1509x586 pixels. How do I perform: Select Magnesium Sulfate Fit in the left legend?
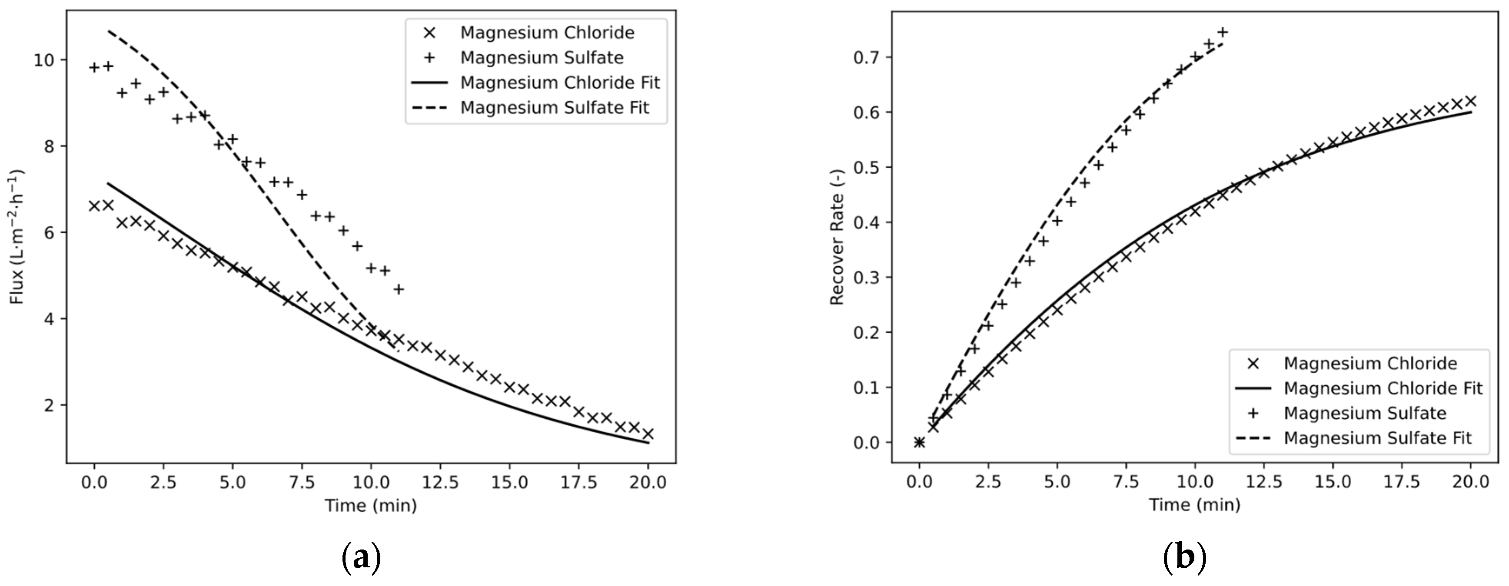(x=554, y=108)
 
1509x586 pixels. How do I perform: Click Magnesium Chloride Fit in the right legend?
(x=1383, y=388)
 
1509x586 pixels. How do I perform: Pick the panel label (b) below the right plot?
(x=1184, y=557)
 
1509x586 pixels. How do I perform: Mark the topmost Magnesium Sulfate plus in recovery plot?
(x=1223, y=32)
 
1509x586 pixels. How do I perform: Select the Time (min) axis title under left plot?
(x=371, y=505)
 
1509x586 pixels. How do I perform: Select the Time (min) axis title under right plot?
(x=1194, y=505)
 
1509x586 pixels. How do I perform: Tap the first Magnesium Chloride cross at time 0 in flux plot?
(x=94, y=205)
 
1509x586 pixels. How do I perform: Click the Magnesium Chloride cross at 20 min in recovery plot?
(x=1470, y=101)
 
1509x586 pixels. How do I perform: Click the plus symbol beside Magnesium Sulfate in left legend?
(x=429, y=57)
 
